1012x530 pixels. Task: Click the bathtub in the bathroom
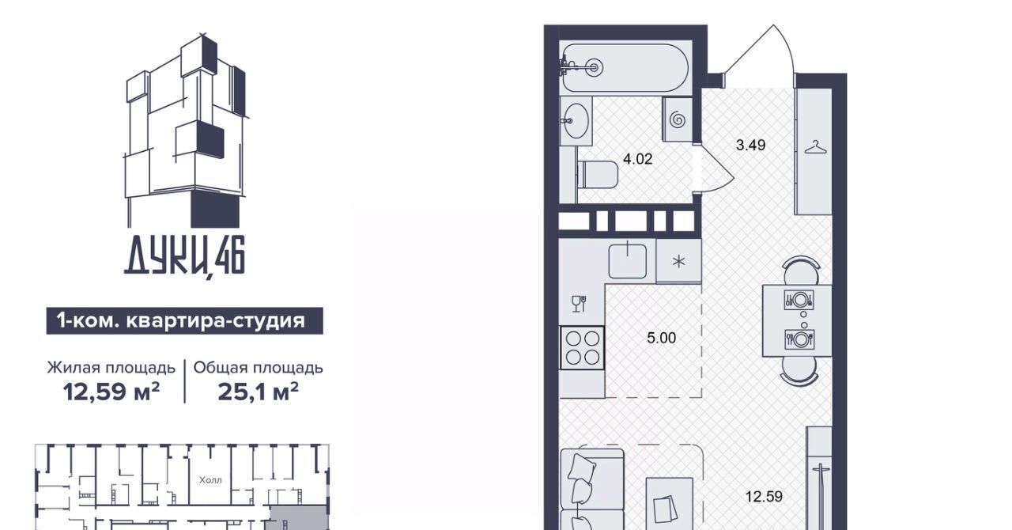pos(625,68)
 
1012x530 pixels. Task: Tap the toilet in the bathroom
pos(599,176)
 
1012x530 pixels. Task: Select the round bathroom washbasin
pos(575,121)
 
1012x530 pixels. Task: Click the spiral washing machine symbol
pos(678,120)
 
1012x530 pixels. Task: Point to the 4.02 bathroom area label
pos(637,159)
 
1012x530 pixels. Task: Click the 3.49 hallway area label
pos(750,146)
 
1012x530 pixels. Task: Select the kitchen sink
pos(628,261)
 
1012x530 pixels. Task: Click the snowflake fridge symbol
pos(678,261)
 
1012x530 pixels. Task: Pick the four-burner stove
pos(583,348)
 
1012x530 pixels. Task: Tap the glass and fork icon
pos(579,304)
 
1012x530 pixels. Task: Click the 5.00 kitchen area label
pos(662,338)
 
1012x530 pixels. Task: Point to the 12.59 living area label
pos(764,497)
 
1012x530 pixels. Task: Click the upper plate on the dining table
pos(799,299)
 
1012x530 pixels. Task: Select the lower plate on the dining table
pos(799,339)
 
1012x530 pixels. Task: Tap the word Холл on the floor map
pos(210,480)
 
